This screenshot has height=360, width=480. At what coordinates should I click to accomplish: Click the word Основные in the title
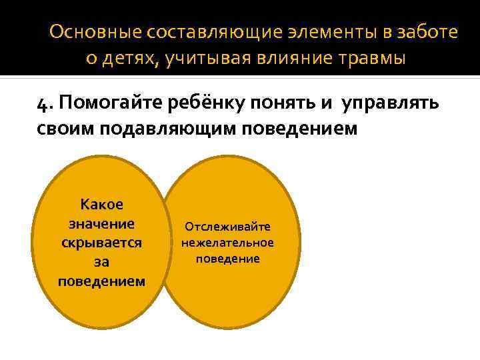90,32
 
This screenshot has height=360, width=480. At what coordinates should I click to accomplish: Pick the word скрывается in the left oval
101,242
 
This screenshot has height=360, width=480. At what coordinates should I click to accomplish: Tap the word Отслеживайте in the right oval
228,227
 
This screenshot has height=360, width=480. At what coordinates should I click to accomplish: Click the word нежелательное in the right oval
228,243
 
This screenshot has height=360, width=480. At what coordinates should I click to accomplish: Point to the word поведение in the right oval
228,258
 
